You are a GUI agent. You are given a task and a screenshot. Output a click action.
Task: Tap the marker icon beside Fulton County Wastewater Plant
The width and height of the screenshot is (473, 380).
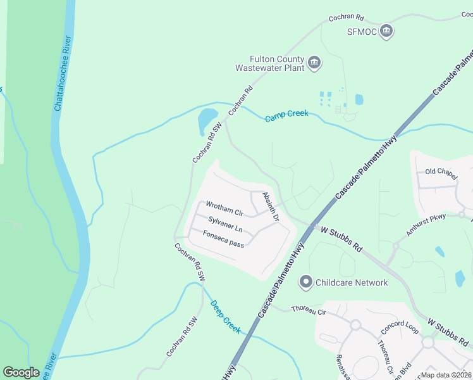coord(315,63)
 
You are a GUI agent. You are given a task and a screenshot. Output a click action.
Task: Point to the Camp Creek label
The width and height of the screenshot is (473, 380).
coord(286,116)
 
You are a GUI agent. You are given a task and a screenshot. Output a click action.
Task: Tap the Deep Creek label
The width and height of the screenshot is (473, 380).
coord(226,317)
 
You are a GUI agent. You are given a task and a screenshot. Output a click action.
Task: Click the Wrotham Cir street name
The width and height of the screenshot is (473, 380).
coord(224,208)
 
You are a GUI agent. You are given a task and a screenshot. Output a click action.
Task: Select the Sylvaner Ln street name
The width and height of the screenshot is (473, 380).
coord(225,223)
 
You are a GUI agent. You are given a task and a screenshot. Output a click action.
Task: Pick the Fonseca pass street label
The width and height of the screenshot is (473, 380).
coord(223,239)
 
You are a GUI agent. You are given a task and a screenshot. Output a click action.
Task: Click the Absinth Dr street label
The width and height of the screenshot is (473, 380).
coord(271,207)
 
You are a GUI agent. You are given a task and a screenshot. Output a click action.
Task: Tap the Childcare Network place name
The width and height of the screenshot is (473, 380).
coord(352,282)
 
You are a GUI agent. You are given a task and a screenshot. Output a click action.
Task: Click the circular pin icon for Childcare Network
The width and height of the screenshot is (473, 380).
coord(306,282)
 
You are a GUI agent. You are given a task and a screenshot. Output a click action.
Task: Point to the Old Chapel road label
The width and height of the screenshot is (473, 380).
coord(440,172)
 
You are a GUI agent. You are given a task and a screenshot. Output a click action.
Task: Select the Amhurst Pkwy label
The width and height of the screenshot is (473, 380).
coord(426,225)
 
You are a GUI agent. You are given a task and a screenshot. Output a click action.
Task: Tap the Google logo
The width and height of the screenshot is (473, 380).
coord(21,372)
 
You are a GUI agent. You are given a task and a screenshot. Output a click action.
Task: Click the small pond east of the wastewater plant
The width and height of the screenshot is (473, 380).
coord(359,99)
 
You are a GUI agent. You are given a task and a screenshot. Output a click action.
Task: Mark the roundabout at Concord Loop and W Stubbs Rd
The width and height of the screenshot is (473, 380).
coord(428,343)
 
